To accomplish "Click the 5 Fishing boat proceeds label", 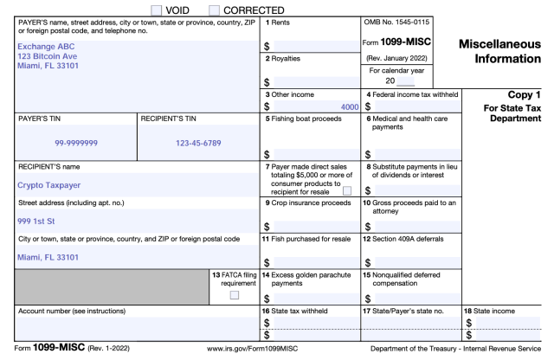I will (x=306, y=119).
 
